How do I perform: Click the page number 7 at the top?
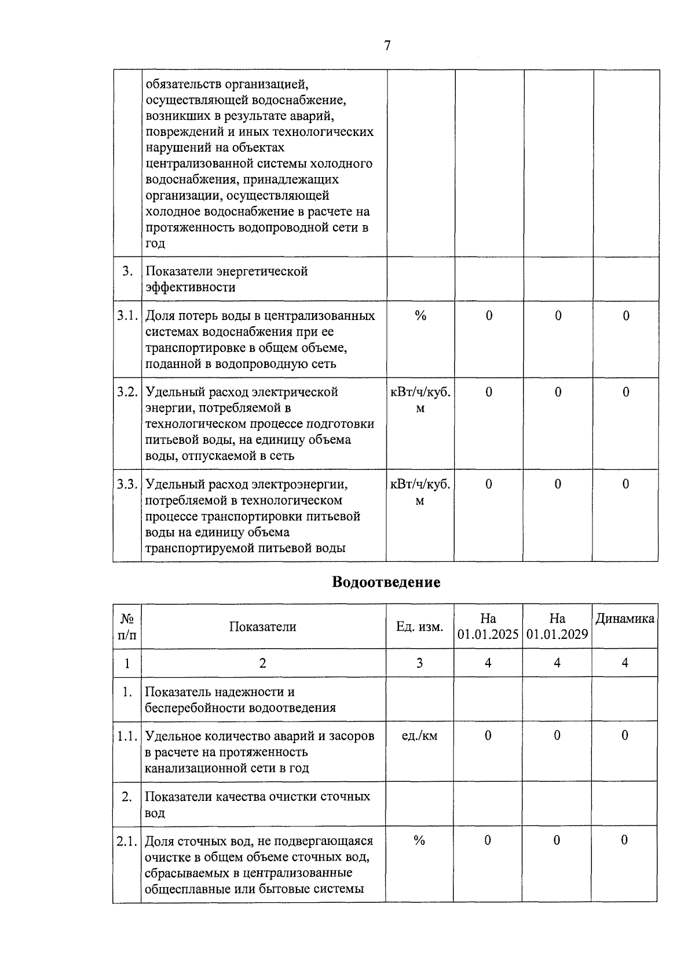(x=387, y=46)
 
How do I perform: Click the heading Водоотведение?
(x=386, y=582)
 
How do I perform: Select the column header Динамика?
(x=625, y=619)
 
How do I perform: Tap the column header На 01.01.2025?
(x=488, y=627)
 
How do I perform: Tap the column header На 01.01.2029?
(x=557, y=627)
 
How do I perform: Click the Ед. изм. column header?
(x=420, y=627)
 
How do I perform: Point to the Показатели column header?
(x=262, y=627)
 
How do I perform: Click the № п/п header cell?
(x=127, y=627)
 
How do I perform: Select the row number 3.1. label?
(x=127, y=316)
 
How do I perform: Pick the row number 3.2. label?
(x=127, y=392)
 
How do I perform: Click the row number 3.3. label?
(x=127, y=484)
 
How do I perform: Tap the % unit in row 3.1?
(x=420, y=316)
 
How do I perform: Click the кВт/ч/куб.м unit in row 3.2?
(x=420, y=400)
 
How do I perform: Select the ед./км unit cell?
(x=420, y=736)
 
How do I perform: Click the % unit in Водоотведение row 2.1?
(x=420, y=840)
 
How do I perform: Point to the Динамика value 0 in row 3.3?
(x=625, y=484)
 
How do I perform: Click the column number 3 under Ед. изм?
(x=420, y=663)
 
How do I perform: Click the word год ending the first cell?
(x=155, y=243)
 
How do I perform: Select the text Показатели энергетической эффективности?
(x=226, y=279)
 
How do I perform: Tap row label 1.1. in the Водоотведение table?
(x=127, y=736)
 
